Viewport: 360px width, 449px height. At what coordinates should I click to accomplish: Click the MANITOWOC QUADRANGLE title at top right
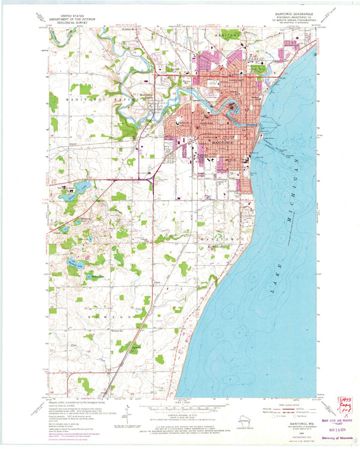tap(291, 13)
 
